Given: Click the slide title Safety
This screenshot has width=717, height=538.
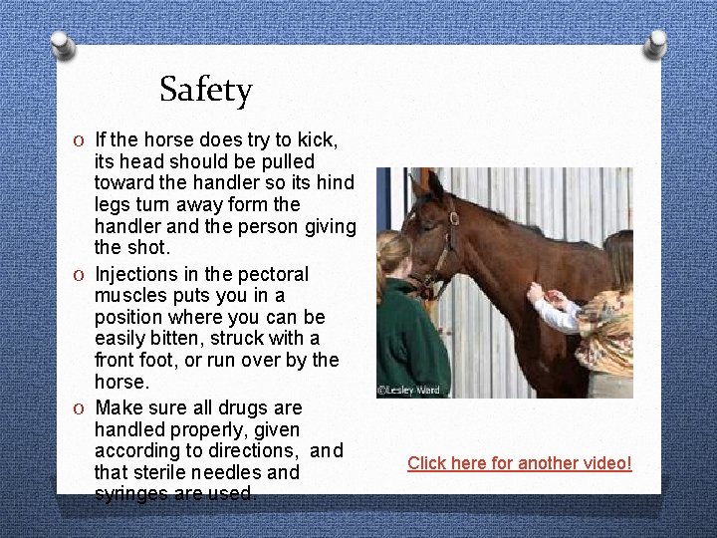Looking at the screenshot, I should pos(205,91).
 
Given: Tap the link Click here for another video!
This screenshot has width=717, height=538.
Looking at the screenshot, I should pos(519,463).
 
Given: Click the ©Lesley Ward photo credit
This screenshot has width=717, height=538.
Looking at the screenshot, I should pos(408,390).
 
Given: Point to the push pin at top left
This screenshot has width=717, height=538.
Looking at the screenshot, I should pos(62,44).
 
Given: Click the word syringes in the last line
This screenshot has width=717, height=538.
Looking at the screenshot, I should pos(130,494).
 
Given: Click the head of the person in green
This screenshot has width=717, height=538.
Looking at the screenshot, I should pos(394,254).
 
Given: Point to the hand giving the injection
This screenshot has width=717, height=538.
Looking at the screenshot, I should pos(537,293).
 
